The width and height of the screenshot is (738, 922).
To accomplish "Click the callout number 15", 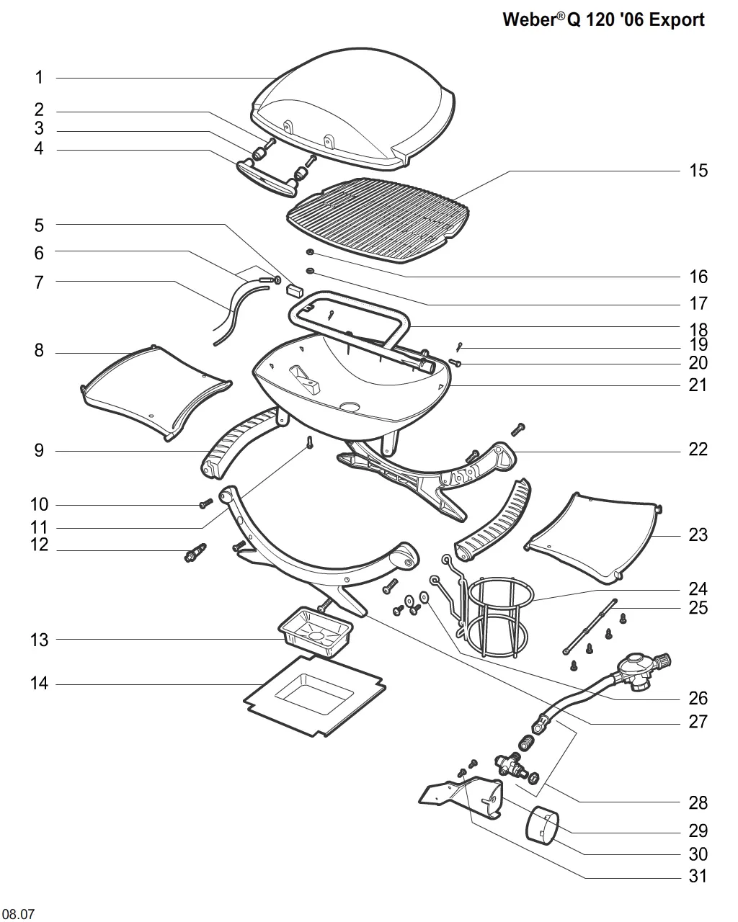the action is (698, 171).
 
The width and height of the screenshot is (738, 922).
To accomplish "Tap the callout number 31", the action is (698, 876).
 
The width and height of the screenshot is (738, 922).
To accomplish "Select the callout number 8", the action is (39, 351).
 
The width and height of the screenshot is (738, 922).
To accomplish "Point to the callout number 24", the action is (698, 588).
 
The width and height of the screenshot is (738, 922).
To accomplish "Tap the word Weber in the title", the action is (529, 19).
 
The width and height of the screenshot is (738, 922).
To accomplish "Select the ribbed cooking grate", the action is (378, 220).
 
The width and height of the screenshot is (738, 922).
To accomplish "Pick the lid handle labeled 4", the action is (265, 179).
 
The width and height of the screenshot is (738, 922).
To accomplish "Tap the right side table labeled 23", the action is (594, 537).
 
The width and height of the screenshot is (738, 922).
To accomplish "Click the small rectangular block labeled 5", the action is (295, 291).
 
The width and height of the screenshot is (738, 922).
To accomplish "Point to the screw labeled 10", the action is (206, 503).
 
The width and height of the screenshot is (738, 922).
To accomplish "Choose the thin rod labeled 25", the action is (590, 627).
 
